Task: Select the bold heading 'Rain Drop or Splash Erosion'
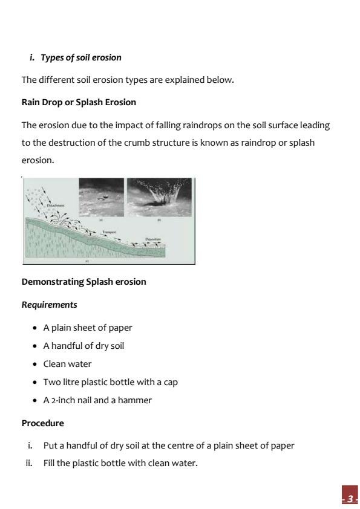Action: pos(79,102)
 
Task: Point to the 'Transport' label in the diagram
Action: pos(109,232)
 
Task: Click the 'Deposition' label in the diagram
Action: pos(152,239)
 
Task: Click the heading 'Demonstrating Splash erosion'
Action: pos(83,282)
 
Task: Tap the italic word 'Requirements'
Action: pos(49,305)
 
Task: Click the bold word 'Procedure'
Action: pos(42,423)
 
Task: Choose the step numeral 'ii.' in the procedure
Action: pos(30,464)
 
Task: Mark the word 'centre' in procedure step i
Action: pos(189,446)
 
